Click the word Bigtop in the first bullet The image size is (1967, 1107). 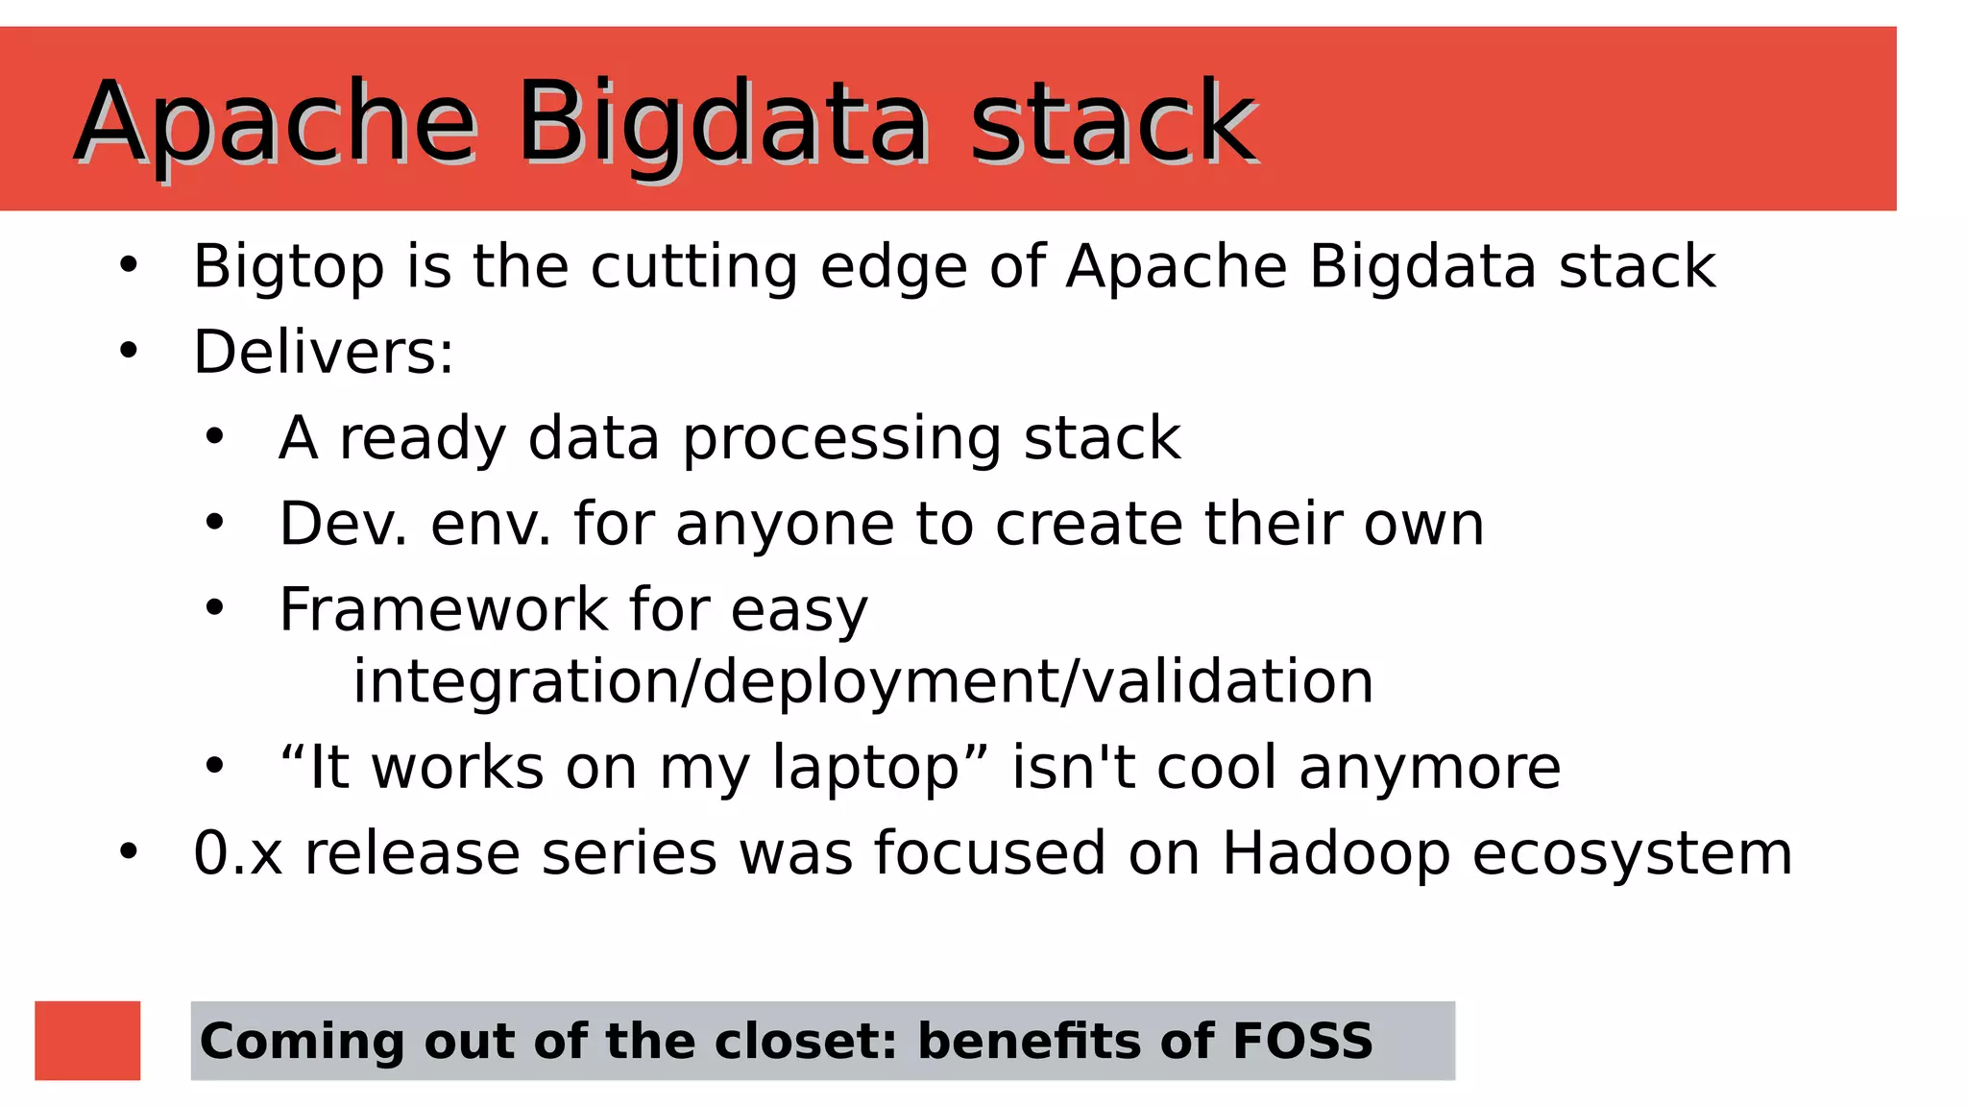coord(288,267)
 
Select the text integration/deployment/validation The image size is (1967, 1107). coord(862,681)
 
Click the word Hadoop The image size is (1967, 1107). coord(1335,854)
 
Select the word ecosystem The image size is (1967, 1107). coord(1631,854)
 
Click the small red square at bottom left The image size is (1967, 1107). coord(87,1041)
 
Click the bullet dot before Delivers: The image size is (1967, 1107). coord(129,351)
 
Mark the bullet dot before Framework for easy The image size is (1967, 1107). coord(214,608)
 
